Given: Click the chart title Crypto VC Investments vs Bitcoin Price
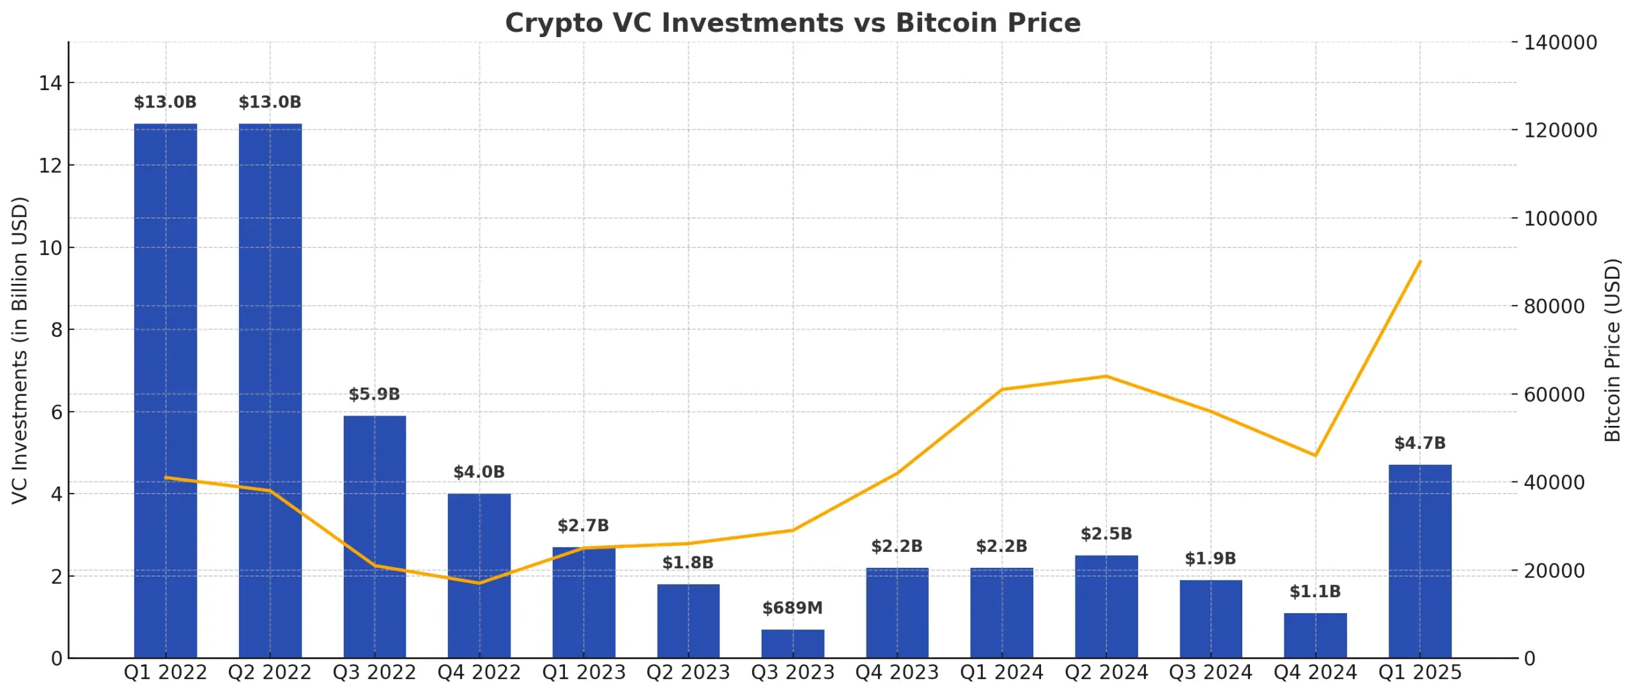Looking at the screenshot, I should [x=792, y=23].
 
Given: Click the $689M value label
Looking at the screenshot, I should [x=792, y=607].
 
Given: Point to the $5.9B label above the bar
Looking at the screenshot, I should [x=374, y=394].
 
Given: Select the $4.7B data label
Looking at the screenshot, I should [x=1419, y=443].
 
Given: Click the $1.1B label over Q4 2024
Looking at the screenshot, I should [x=1315, y=591].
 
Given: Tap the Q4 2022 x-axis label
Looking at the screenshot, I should [x=479, y=673].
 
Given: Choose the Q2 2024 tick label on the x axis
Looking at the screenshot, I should [x=1106, y=673].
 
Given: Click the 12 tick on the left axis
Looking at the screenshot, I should [x=50, y=166].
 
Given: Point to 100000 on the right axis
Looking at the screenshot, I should [x=1560, y=219].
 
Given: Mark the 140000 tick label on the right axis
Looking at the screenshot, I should [x=1560, y=43].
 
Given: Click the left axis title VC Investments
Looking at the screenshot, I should [x=20, y=350].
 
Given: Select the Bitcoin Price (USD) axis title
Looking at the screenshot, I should [x=1612, y=350].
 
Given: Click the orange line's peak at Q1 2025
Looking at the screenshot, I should [x=1419, y=262].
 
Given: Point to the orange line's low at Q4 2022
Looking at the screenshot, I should [x=479, y=583].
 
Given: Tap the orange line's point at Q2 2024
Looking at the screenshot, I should [x=1106, y=376].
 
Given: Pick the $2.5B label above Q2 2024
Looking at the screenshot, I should [x=1106, y=534].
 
